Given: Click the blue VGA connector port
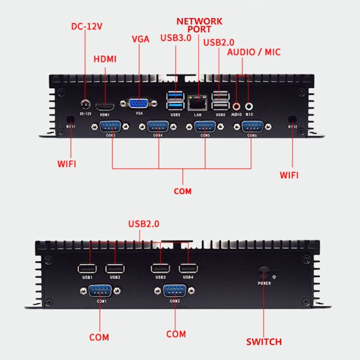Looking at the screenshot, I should pyautogui.click(x=140, y=104).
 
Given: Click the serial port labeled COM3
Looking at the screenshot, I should pyautogui.click(x=110, y=127).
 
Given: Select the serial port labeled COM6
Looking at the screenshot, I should pyautogui.click(x=252, y=127).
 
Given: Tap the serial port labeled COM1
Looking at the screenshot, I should pyautogui.click(x=100, y=292).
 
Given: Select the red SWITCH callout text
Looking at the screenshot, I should pyautogui.click(x=263, y=342).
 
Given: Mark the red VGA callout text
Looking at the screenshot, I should pyautogui.click(x=140, y=39).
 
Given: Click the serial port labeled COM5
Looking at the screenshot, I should pyautogui.click(x=205, y=127).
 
